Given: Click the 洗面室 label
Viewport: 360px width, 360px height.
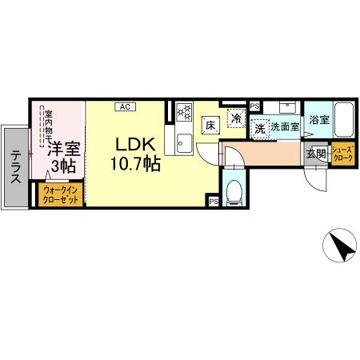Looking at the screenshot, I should coord(285,127).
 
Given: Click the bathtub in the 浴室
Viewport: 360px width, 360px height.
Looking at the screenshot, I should coord(345,121).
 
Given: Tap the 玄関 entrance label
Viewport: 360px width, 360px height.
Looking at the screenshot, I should coord(315,154).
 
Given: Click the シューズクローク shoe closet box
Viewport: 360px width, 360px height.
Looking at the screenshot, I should coord(342,154).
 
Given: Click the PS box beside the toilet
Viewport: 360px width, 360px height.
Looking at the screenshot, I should coord(214,202).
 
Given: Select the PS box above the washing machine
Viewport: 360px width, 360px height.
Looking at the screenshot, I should coord(254,106).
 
